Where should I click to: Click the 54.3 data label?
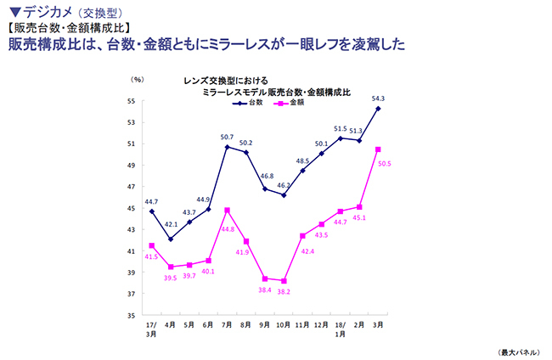(x=377, y=98)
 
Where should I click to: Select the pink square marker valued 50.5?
(x=378, y=149)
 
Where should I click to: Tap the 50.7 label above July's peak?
(x=227, y=137)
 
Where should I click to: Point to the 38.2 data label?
(x=284, y=291)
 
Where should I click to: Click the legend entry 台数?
(x=256, y=103)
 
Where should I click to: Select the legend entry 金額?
(x=297, y=103)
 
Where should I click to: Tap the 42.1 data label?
(x=170, y=225)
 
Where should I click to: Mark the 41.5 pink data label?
(x=151, y=256)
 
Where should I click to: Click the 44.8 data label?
(x=227, y=228)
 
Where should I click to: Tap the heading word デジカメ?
(x=52, y=12)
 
